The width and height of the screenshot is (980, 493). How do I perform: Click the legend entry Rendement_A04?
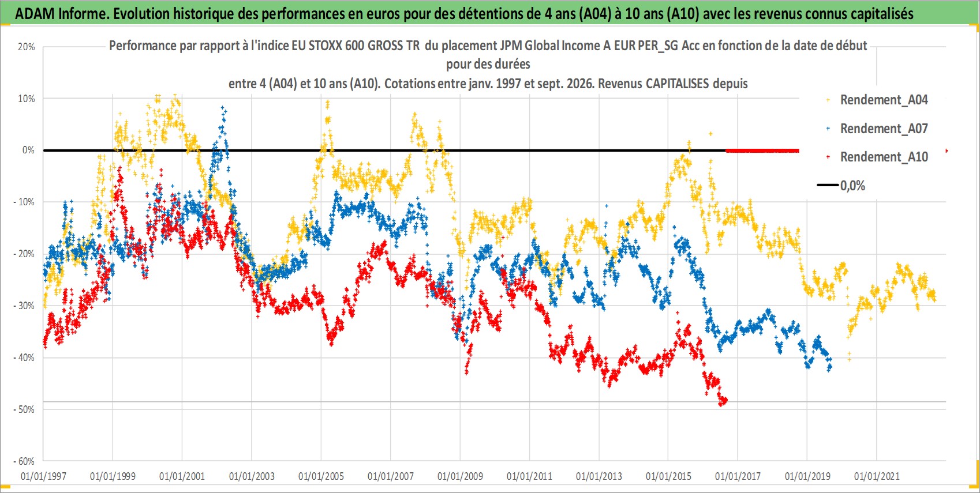point(884,100)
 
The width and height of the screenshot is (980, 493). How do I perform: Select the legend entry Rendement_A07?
point(884,129)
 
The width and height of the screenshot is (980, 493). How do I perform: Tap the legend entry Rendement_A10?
point(884,157)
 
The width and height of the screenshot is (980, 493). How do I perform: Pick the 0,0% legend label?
point(852,186)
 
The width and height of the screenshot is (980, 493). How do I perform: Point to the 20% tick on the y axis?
point(26,47)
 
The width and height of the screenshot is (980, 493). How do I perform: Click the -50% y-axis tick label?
point(24,409)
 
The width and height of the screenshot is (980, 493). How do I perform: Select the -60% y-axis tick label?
point(24,461)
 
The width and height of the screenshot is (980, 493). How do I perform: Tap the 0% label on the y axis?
point(28,150)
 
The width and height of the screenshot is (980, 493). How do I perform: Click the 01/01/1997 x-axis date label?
point(43,476)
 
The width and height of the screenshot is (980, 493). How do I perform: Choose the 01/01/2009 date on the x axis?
point(460,476)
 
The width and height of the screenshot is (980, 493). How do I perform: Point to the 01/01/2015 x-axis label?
point(668,476)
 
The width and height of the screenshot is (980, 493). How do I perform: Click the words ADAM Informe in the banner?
point(61,14)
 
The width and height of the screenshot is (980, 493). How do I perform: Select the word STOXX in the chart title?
point(326,46)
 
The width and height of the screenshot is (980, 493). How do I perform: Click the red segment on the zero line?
point(762,151)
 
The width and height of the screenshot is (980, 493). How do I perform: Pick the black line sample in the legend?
point(828,185)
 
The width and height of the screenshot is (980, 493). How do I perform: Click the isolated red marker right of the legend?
point(947,151)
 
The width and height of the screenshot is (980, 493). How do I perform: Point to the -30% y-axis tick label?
point(24,306)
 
